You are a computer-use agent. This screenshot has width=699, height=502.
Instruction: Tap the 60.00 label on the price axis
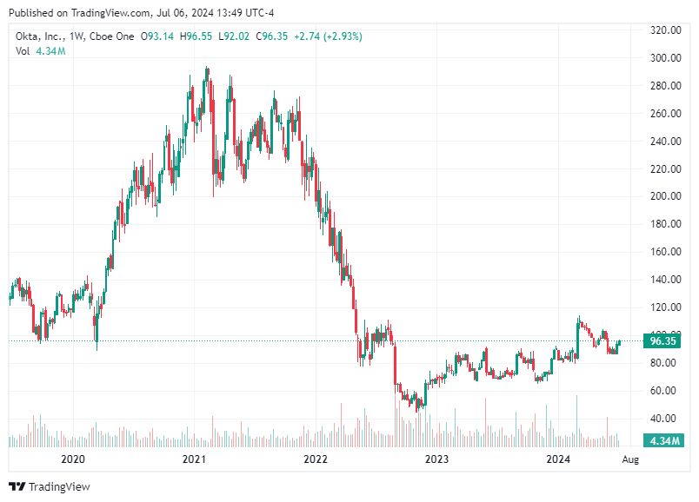pyautogui.click(x=663, y=391)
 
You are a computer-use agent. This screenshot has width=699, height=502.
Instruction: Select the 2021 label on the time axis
pyautogui.click(x=194, y=459)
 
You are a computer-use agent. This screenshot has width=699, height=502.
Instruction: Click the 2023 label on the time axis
pyautogui.click(x=436, y=459)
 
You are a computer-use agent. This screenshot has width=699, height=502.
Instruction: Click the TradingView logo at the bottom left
pyautogui.click(x=50, y=487)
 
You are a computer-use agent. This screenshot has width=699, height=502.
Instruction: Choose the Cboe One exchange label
pyautogui.click(x=112, y=36)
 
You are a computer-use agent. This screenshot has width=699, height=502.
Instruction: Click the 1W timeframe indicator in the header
pyautogui.click(x=78, y=36)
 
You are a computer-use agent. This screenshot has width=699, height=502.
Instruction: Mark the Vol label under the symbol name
pyautogui.click(x=23, y=51)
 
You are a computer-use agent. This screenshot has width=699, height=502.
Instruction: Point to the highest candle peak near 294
pyautogui.click(x=206, y=68)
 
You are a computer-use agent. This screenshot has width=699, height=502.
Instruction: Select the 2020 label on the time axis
pyautogui.click(x=73, y=459)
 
